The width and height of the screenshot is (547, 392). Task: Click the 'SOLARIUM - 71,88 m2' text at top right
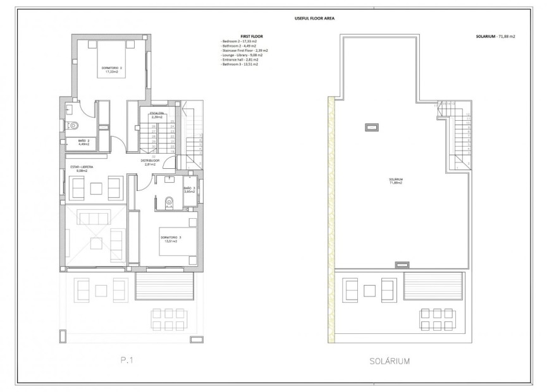tap(495, 37)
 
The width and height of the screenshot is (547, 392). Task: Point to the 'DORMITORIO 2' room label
tap(112, 68)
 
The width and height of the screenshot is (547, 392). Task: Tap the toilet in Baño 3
tap(168, 202)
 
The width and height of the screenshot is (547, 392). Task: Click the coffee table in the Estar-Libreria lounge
tap(95, 187)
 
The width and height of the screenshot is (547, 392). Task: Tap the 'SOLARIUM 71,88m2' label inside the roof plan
tap(396, 181)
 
